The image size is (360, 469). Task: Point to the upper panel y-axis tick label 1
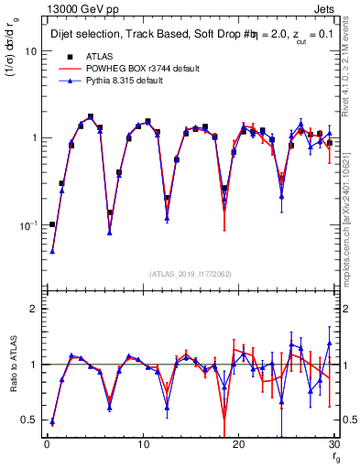34,138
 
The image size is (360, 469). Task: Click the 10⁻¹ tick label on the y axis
27,224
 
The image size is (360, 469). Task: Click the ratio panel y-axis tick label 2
33,310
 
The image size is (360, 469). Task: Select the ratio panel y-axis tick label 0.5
29,420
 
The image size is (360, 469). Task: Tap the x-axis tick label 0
47,445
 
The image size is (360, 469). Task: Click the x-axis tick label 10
142,445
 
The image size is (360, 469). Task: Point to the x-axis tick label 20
238,445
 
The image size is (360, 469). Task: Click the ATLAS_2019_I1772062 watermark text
191,274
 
